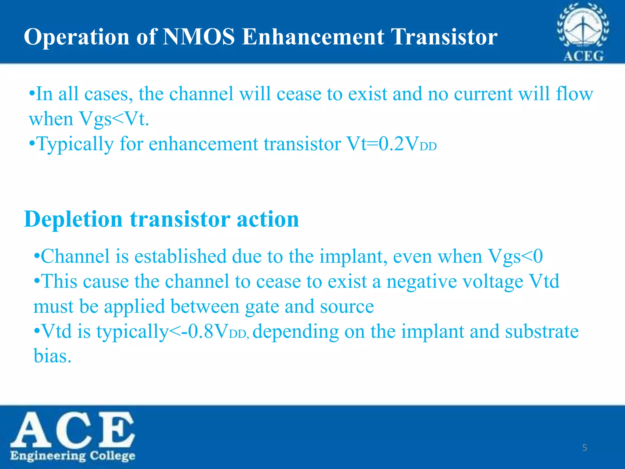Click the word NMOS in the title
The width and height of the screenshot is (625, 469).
pos(199,37)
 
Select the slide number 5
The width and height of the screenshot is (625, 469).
pos(584,448)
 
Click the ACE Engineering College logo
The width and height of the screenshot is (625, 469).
pos(73,437)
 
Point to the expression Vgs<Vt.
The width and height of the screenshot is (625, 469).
pos(114,119)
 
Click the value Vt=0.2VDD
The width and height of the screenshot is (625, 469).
pos(391,144)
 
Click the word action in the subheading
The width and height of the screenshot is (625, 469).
pos(268,219)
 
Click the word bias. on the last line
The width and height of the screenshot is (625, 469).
pos(52,356)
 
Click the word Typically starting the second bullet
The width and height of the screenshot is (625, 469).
pos(75,144)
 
